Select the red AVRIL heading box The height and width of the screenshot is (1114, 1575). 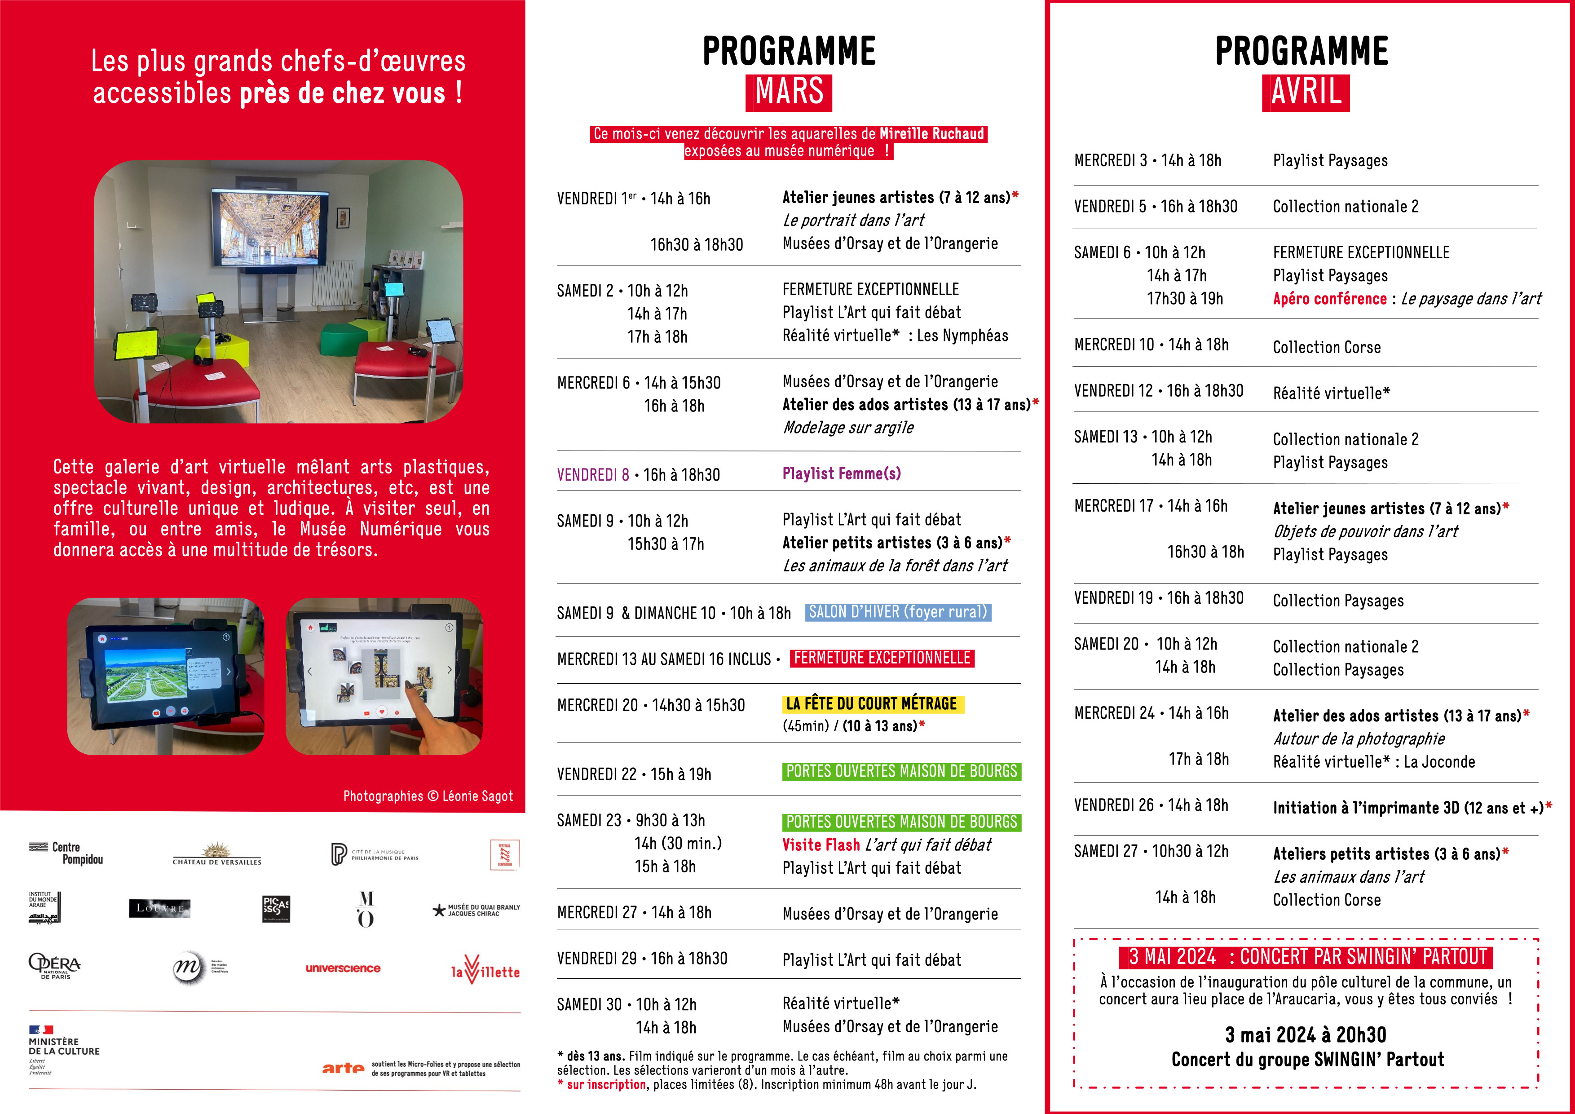pyautogui.click(x=1306, y=92)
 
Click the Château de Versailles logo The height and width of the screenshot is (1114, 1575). pyautogui.click(x=217, y=854)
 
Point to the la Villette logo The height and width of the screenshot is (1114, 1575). pyautogui.click(x=485, y=969)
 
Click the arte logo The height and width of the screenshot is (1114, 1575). pyautogui.click(x=343, y=1068)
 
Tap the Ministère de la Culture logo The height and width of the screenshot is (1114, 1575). pyautogui.click(x=63, y=1048)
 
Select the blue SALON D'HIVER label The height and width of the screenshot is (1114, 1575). pyautogui.click(x=897, y=612)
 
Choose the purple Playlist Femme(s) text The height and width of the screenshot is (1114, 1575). pyautogui.click(x=842, y=473)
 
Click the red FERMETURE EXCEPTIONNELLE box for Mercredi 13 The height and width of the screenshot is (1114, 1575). pyautogui.click(x=882, y=658)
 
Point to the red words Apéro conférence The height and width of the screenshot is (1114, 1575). pyautogui.click(x=1329, y=298)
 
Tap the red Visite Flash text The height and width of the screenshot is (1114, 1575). pyautogui.click(x=821, y=844)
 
